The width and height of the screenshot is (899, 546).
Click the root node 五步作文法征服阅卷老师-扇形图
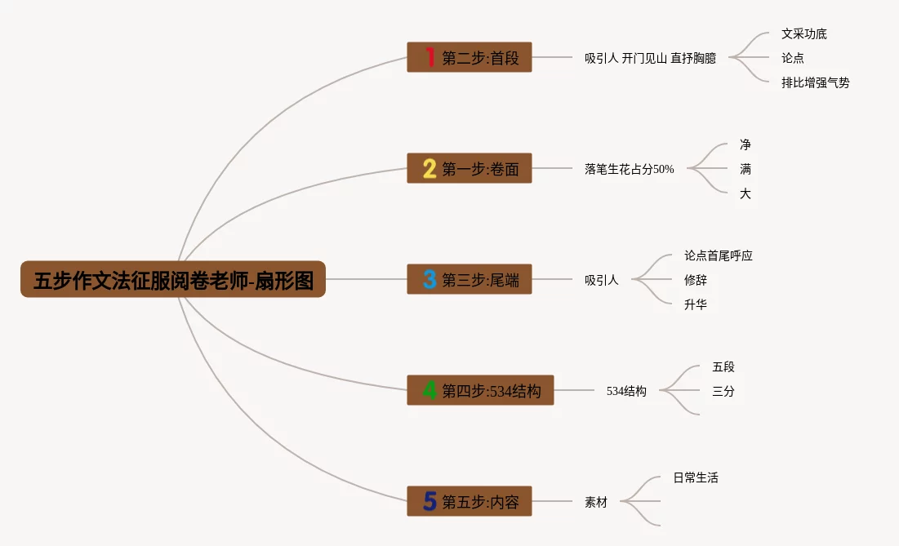coord(173,279)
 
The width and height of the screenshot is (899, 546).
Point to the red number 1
coord(429,57)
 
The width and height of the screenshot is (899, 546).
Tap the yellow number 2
coord(429,169)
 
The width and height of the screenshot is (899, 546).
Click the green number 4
coord(429,391)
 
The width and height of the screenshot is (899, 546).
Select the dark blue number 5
coord(429,501)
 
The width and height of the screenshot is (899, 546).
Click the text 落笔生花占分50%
coord(629,169)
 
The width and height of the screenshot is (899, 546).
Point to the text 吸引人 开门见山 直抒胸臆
coord(650,58)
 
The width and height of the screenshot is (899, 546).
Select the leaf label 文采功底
coord(803,33)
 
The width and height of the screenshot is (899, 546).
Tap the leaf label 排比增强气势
coord(815,82)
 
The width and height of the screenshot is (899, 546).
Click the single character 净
coord(745,144)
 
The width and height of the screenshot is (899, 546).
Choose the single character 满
coord(745,169)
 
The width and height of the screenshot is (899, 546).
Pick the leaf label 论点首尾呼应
coord(718,255)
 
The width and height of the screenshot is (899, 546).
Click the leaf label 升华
coord(695,304)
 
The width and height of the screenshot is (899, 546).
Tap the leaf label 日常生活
coord(695,477)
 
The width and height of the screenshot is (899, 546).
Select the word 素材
coord(595,502)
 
